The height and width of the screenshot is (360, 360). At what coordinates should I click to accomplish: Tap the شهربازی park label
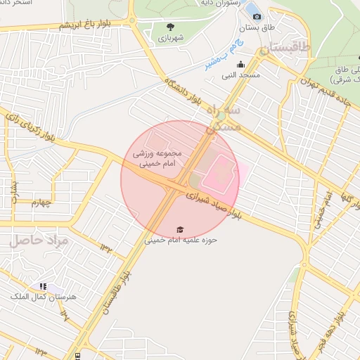tap(170, 38)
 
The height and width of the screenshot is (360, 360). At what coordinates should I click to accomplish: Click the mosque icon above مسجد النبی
tap(240, 65)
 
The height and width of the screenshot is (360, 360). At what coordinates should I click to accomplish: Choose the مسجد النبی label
tap(241, 75)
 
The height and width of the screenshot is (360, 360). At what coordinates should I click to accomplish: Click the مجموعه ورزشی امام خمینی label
tap(157, 157)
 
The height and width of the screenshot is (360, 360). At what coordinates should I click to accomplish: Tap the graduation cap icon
tap(181, 230)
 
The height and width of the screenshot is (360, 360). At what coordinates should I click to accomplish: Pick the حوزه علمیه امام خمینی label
tap(181, 240)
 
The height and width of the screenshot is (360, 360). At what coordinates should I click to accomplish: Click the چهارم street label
tap(42, 203)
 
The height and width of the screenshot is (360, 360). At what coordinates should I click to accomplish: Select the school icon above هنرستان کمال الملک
tap(44, 287)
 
